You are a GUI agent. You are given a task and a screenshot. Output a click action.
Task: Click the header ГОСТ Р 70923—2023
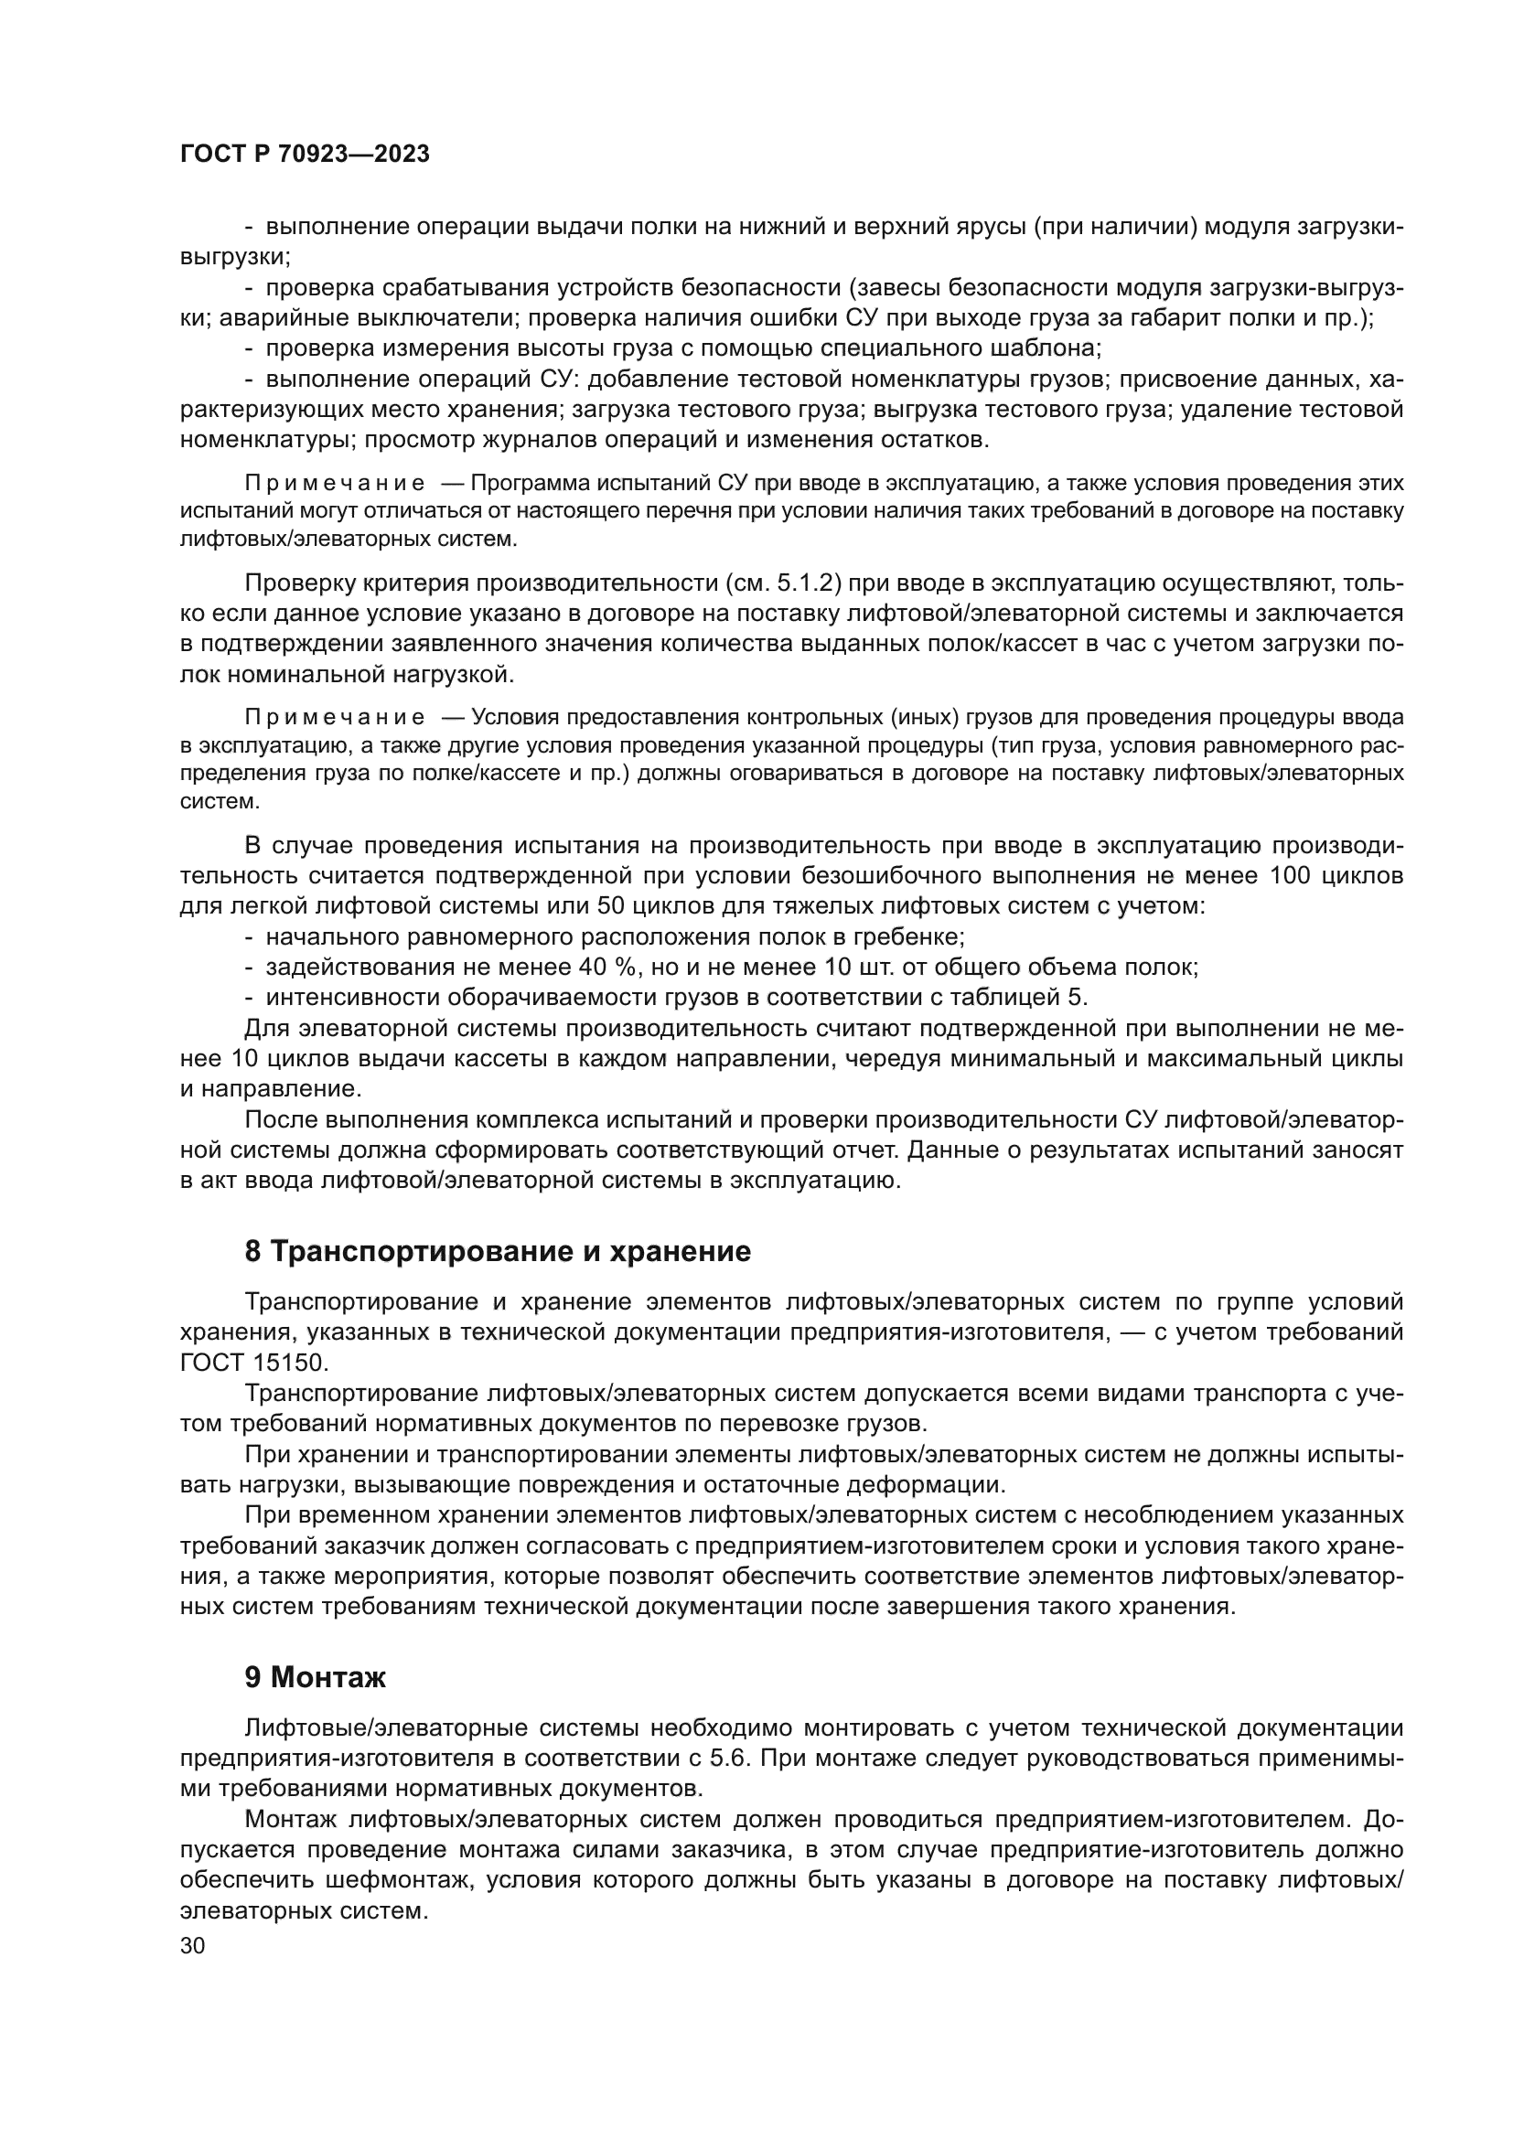(x=305, y=155)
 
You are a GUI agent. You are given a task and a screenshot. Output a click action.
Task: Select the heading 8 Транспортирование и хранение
(x=498, y=1251)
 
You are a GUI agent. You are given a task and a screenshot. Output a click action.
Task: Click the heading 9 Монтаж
(x=315, y=1677)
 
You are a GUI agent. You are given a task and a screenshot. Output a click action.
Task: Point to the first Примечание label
(x=335, y=484)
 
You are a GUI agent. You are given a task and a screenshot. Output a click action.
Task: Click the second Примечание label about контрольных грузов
(x=335, y=717)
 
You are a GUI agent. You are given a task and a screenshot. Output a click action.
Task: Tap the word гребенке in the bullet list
(x=907, y=936)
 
